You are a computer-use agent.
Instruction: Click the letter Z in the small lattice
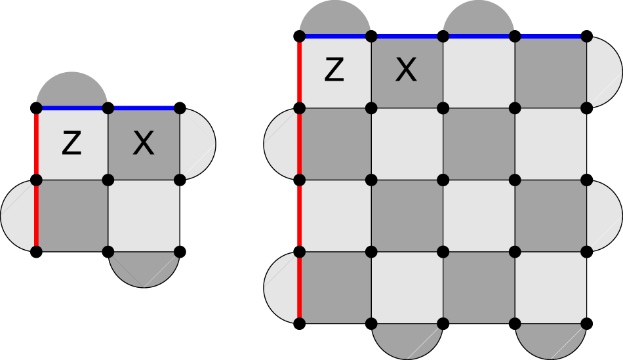[71, 144]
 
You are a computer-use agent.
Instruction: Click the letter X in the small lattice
[144, 144]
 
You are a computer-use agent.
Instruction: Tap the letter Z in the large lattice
[334, 70]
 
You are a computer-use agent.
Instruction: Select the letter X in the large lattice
[407, 70]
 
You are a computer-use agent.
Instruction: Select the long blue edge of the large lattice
[443, 35]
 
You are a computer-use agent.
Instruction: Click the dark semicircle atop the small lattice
[72, 92]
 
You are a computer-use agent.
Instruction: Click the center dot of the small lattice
[109, 179]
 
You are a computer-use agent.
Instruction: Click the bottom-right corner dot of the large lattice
[587, 323]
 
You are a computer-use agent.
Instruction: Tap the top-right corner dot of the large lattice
[587, 35]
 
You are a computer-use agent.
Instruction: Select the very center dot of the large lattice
[443, 179]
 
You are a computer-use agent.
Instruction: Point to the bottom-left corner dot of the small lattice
[37, 250]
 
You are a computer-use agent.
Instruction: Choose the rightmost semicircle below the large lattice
[551, 339]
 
